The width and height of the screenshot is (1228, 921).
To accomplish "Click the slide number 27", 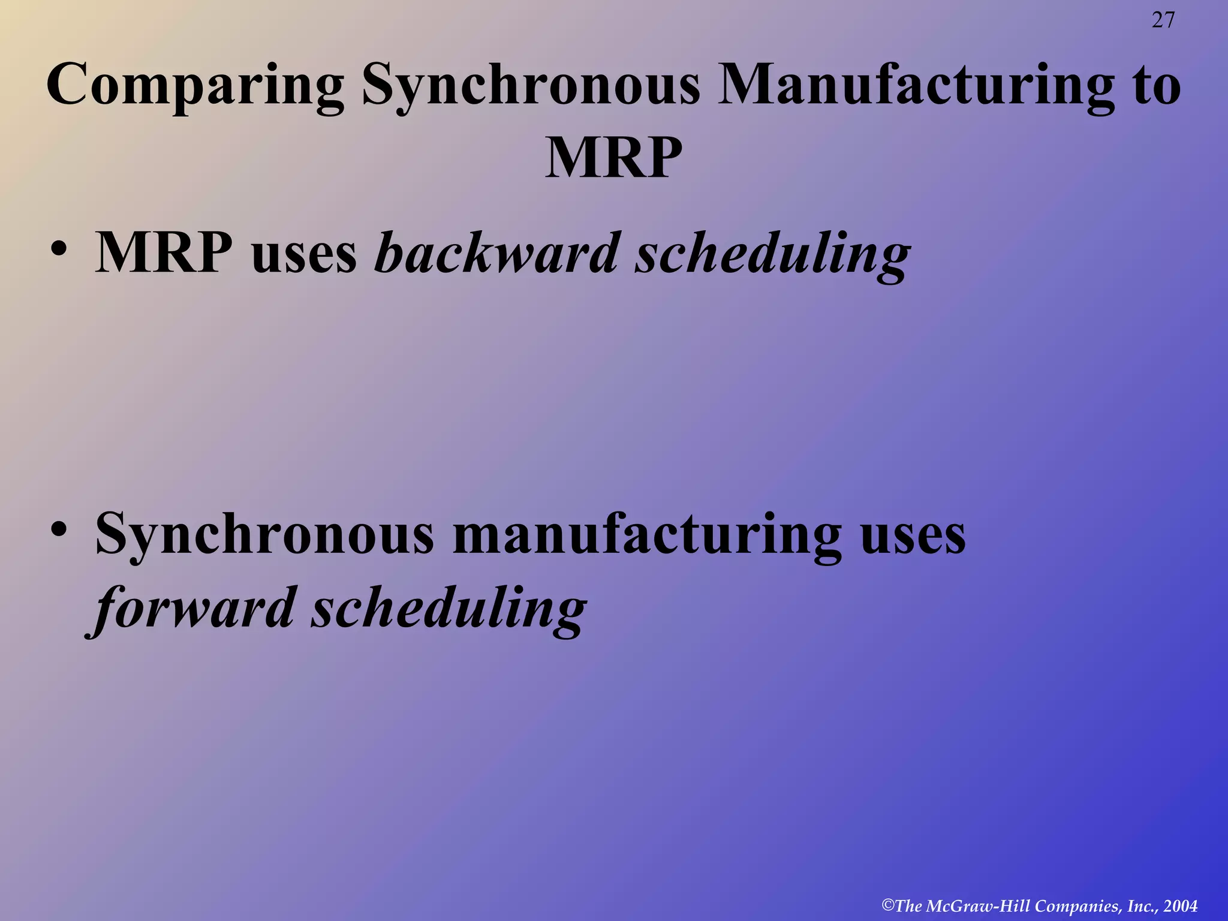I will coord(1163,20).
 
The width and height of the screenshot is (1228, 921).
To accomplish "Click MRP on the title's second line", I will coord(613,157).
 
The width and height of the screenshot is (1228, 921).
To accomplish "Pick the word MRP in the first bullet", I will coord(164,253).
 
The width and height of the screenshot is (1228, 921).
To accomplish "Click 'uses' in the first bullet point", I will coord(305,253).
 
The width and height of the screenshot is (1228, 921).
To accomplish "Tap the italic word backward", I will coord(496,253).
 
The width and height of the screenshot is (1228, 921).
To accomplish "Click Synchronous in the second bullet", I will coord(264,534).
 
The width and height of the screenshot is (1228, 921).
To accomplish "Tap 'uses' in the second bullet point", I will coord(913,534).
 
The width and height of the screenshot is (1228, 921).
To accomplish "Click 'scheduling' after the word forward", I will coord(449,609).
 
